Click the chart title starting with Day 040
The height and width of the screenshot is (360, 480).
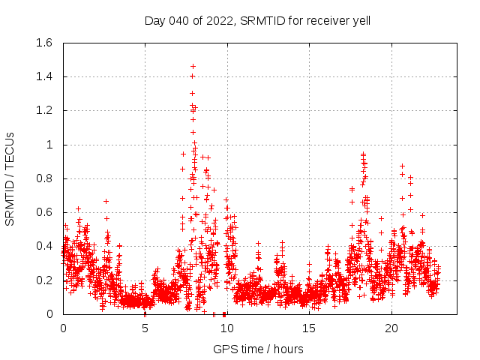(257, 20)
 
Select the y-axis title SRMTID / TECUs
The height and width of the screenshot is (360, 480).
(10, 178)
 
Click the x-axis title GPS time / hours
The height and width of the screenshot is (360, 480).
(258, 349)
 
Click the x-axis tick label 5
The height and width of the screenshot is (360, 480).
(145, 328)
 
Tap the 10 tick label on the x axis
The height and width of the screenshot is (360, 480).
(227, 328)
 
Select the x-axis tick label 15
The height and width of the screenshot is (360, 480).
(309, 328)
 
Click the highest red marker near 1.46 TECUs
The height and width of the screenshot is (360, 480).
(193, 66)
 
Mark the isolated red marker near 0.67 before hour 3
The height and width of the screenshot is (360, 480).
(106, 201)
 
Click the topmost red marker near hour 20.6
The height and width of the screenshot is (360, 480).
(402, 166)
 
